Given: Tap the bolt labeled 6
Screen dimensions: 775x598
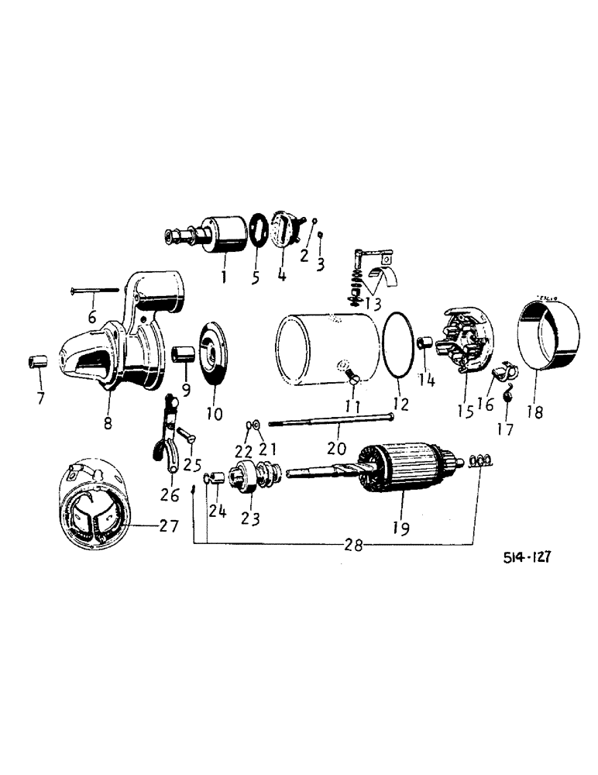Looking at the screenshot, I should point(95,291).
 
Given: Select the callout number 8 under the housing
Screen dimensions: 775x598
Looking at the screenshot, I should point(108,423).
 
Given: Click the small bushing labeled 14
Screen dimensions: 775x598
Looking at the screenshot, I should point(424,343).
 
